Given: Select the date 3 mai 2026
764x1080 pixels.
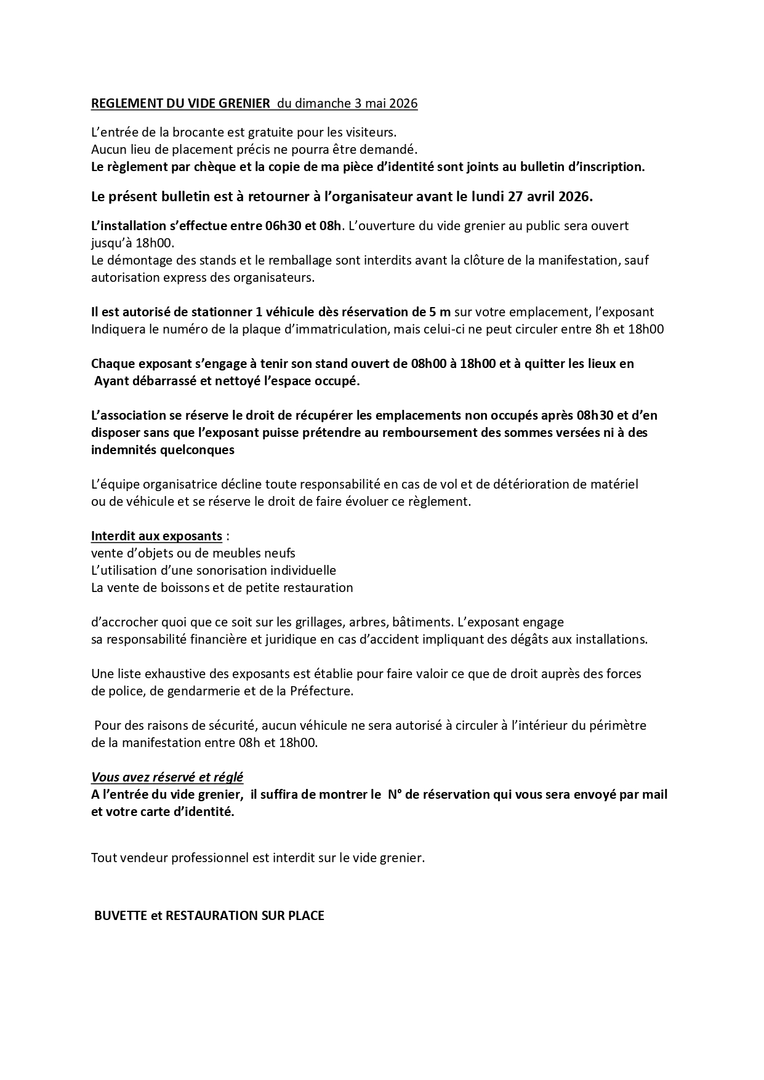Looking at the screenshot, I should click(x=386, y=103).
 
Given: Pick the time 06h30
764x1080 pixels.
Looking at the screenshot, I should click(x=281, y=225).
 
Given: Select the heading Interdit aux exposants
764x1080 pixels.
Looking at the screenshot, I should click(x=156, y=535).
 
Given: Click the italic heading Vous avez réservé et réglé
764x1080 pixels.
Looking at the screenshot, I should click(x=167, y=777).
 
